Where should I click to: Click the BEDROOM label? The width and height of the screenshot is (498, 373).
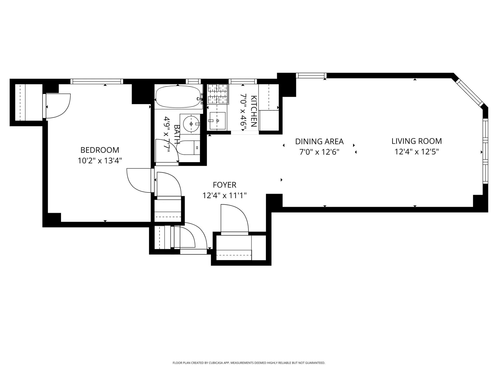pyautogui.click(x=100, y=150)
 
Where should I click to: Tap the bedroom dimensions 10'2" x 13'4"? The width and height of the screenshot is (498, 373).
pyautogui.click(x=100, y=161)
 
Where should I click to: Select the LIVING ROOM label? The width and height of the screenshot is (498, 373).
pyautogui.click(x=417, y=141)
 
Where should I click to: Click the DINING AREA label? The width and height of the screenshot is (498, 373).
pyautogui.click(x=319, y=141)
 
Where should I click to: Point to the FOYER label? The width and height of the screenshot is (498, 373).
pyautogui.click(x=224, y=185)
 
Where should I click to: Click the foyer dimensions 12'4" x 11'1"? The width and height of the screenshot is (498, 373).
pyautogui.click(x=224, y=196)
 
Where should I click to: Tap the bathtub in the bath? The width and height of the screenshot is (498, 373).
pyautogui.click(x=178, y=97)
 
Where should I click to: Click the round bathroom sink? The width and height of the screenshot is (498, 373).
pyautogui.click(x=191, y=124)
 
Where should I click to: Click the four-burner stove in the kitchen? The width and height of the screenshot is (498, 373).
pyautogui.click(x=217, y=94)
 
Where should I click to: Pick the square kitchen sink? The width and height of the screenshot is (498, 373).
pyautogui.click(x=217, y=121)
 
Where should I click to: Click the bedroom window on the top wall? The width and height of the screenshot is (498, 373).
pyautogui.click(x=97, y=81)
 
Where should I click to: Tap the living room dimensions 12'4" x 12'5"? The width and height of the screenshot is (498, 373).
pyautogui.click(x=417, y=152)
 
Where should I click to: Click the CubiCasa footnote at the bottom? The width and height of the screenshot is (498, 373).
pyautogui.click(x=249, y=363)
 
